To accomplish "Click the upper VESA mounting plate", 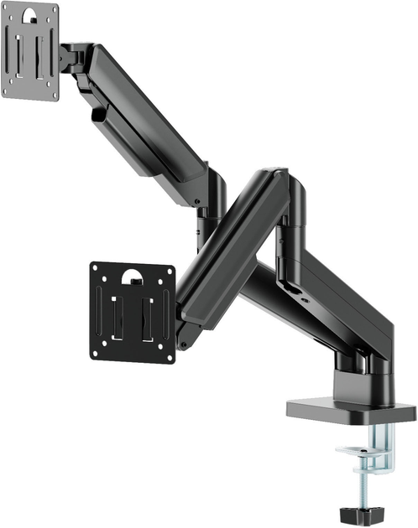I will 31,52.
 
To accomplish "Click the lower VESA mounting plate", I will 133,312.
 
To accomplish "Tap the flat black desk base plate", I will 351,411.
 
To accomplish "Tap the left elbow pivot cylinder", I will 215,197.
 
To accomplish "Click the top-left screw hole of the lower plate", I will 99,270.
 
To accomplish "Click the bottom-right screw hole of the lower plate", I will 167,355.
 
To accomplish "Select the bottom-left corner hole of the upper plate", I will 8,91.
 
